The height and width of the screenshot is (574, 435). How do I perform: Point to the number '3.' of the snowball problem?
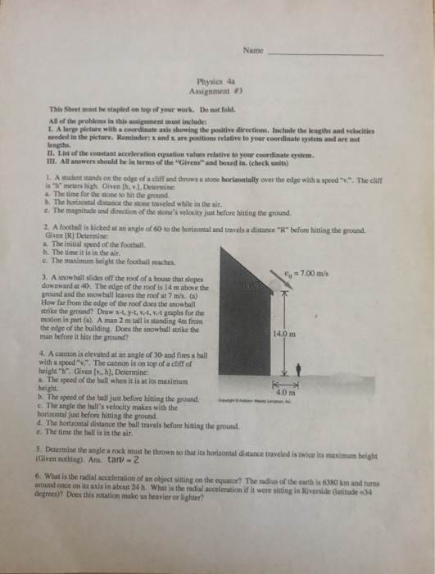coord(52,276)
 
